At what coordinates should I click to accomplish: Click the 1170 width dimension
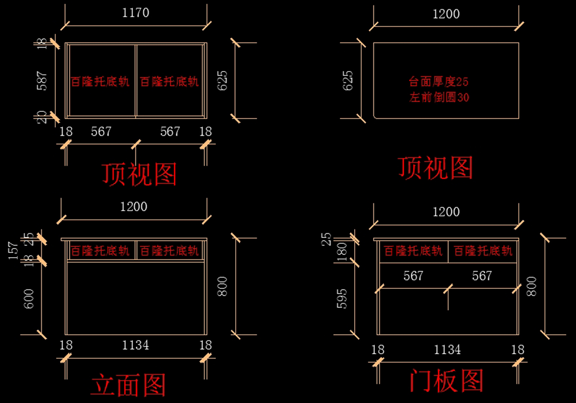click(x=136, y=13)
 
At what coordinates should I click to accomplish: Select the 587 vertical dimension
click(x=42, y=81)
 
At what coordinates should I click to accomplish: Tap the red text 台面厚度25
click(x=439, y=82)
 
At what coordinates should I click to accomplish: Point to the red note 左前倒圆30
click(x=439, y=97)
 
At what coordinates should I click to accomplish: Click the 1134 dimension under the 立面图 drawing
click(x=135, y=345)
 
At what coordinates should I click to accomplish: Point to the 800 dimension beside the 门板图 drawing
click(x=531, y=286)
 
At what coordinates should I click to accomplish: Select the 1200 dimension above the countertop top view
click(x=446, y=14)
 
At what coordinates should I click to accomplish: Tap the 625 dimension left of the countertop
click(x=348, y=81)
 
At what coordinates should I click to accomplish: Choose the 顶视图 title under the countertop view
click(x=435, y=168)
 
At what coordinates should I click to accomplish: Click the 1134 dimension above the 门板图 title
click(x=447, y=350)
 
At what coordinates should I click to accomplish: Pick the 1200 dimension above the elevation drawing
click(x=134, y=207)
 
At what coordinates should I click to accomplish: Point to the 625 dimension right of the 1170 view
click(x=224, y=81)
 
